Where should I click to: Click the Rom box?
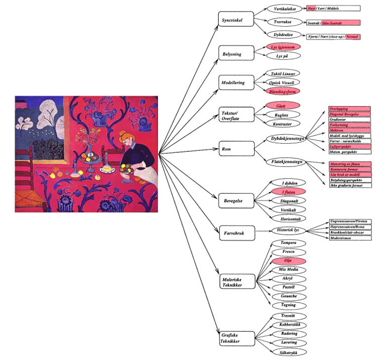click(233, 149)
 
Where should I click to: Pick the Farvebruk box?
click(233, 233)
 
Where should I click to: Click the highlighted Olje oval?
click(284, 261)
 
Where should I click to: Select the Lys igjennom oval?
click(284, 47)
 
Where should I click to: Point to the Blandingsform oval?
click(284, 91)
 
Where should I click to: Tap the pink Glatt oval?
click(284, 106)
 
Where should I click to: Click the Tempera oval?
click(284, 243)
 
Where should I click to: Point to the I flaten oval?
click(284, 192)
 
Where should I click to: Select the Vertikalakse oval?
click(284, 9)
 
